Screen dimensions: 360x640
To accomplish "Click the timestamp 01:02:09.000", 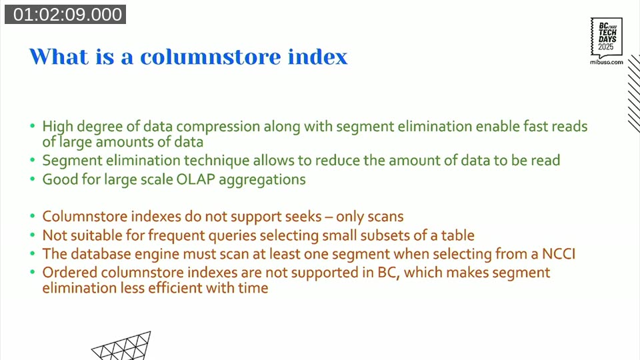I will pos(65,15).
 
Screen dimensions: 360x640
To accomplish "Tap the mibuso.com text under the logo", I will pos(607,61).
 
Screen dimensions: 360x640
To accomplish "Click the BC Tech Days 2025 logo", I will pos(607,37).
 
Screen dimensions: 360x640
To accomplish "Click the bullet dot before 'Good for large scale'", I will pos(33,180).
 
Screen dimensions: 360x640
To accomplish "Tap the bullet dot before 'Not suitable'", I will pos(33,236).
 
